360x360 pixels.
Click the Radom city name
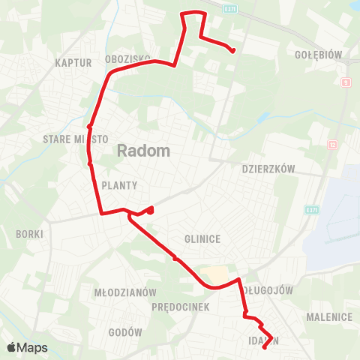tap(143, 151)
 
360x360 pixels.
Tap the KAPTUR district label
tap(73, 63)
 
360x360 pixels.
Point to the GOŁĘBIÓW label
tap(319, 55)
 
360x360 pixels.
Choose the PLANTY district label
tap(119, 185)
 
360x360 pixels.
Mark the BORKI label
tap(29, 234)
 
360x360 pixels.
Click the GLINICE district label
tap(202, 239)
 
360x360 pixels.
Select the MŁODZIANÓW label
tap(124, 292)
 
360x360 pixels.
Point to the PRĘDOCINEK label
tap(174, 307)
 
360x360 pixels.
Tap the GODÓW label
tap(125, 332)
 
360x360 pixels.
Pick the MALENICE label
tap(329, 317)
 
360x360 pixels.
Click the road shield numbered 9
tap(346, 82)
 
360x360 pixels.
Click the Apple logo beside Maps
tap(12, 347)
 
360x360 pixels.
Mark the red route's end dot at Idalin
tap(265, 346)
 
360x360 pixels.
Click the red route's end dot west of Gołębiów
tap(233, 51)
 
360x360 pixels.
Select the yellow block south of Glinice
tap(213, 274)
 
